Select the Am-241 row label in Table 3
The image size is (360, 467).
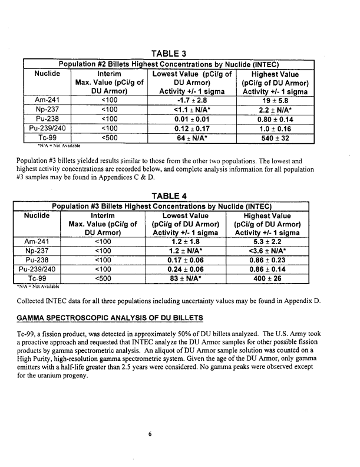pyautogui.click(x=46, y=101)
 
